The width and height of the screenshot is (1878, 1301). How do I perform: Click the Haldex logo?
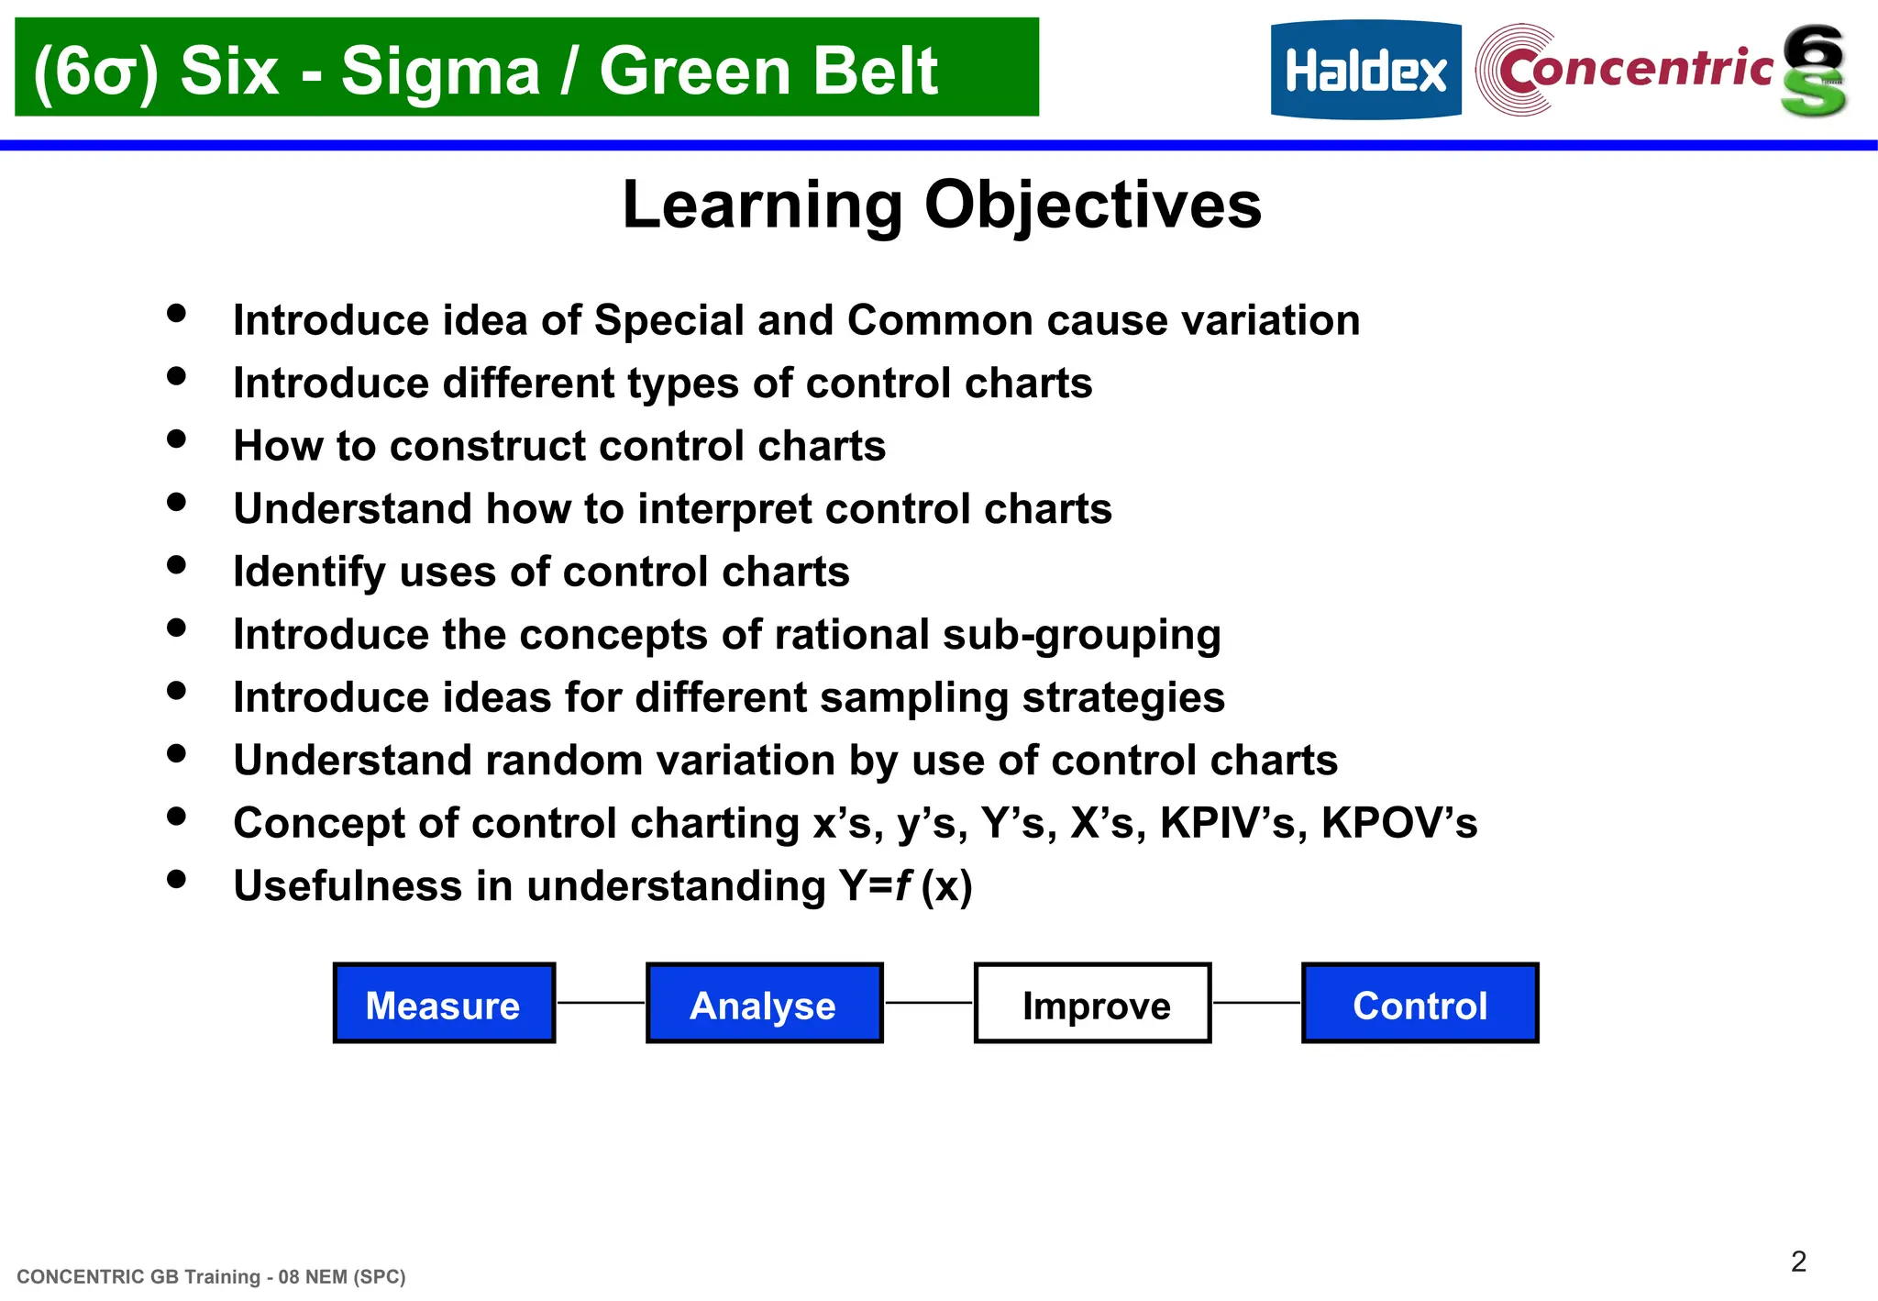[x=1365, y=71]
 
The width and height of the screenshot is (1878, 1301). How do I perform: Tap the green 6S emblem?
[x=1813, y=71]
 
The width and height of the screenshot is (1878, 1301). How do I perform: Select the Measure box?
[x=444, y=1004]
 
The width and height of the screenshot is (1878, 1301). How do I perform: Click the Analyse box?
[x=764, y=1004]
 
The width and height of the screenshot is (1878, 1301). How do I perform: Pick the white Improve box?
[x=1092, y=1004]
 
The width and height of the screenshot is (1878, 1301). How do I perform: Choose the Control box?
[x=1420, y=1004]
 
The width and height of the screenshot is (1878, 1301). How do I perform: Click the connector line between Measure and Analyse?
[x=601, y=1003]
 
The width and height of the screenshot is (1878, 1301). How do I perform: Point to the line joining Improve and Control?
[x=1256, y=1003]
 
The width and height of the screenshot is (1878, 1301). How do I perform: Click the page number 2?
[x=1798, y=1262]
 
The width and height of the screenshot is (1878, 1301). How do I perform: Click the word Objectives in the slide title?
[x=1092, y=206]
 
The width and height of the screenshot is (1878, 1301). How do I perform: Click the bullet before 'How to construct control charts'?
[x=177, y=439]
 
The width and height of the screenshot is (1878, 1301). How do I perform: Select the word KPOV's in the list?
[x=1398, y=823]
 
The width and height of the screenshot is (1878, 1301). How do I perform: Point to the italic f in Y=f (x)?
[x=903, y=885]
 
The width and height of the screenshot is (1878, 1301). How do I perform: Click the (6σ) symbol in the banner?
[x=94, y=72]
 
